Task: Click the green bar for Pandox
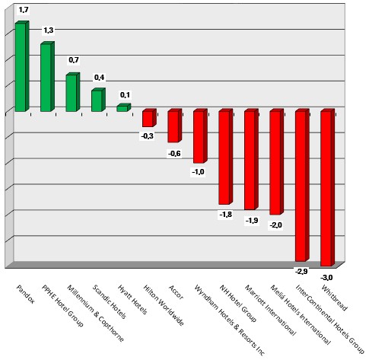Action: coord(21,67)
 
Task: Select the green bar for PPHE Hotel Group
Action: coord(46,78)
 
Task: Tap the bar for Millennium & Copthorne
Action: coord(72,93)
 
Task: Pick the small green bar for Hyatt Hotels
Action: coord(122,108)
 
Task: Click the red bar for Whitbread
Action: coord(326,187)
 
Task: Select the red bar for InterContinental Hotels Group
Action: coord(301,185)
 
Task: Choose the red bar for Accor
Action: coord(173,126)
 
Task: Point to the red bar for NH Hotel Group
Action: coord(224,157)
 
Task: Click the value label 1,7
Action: coord(24,10)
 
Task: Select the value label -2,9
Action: coord(301,270)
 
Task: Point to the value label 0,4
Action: coord(99,78)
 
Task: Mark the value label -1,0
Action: coord(199,173)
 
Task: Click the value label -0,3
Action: coord(148,136)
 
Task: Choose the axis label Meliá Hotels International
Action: coord(286,312)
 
